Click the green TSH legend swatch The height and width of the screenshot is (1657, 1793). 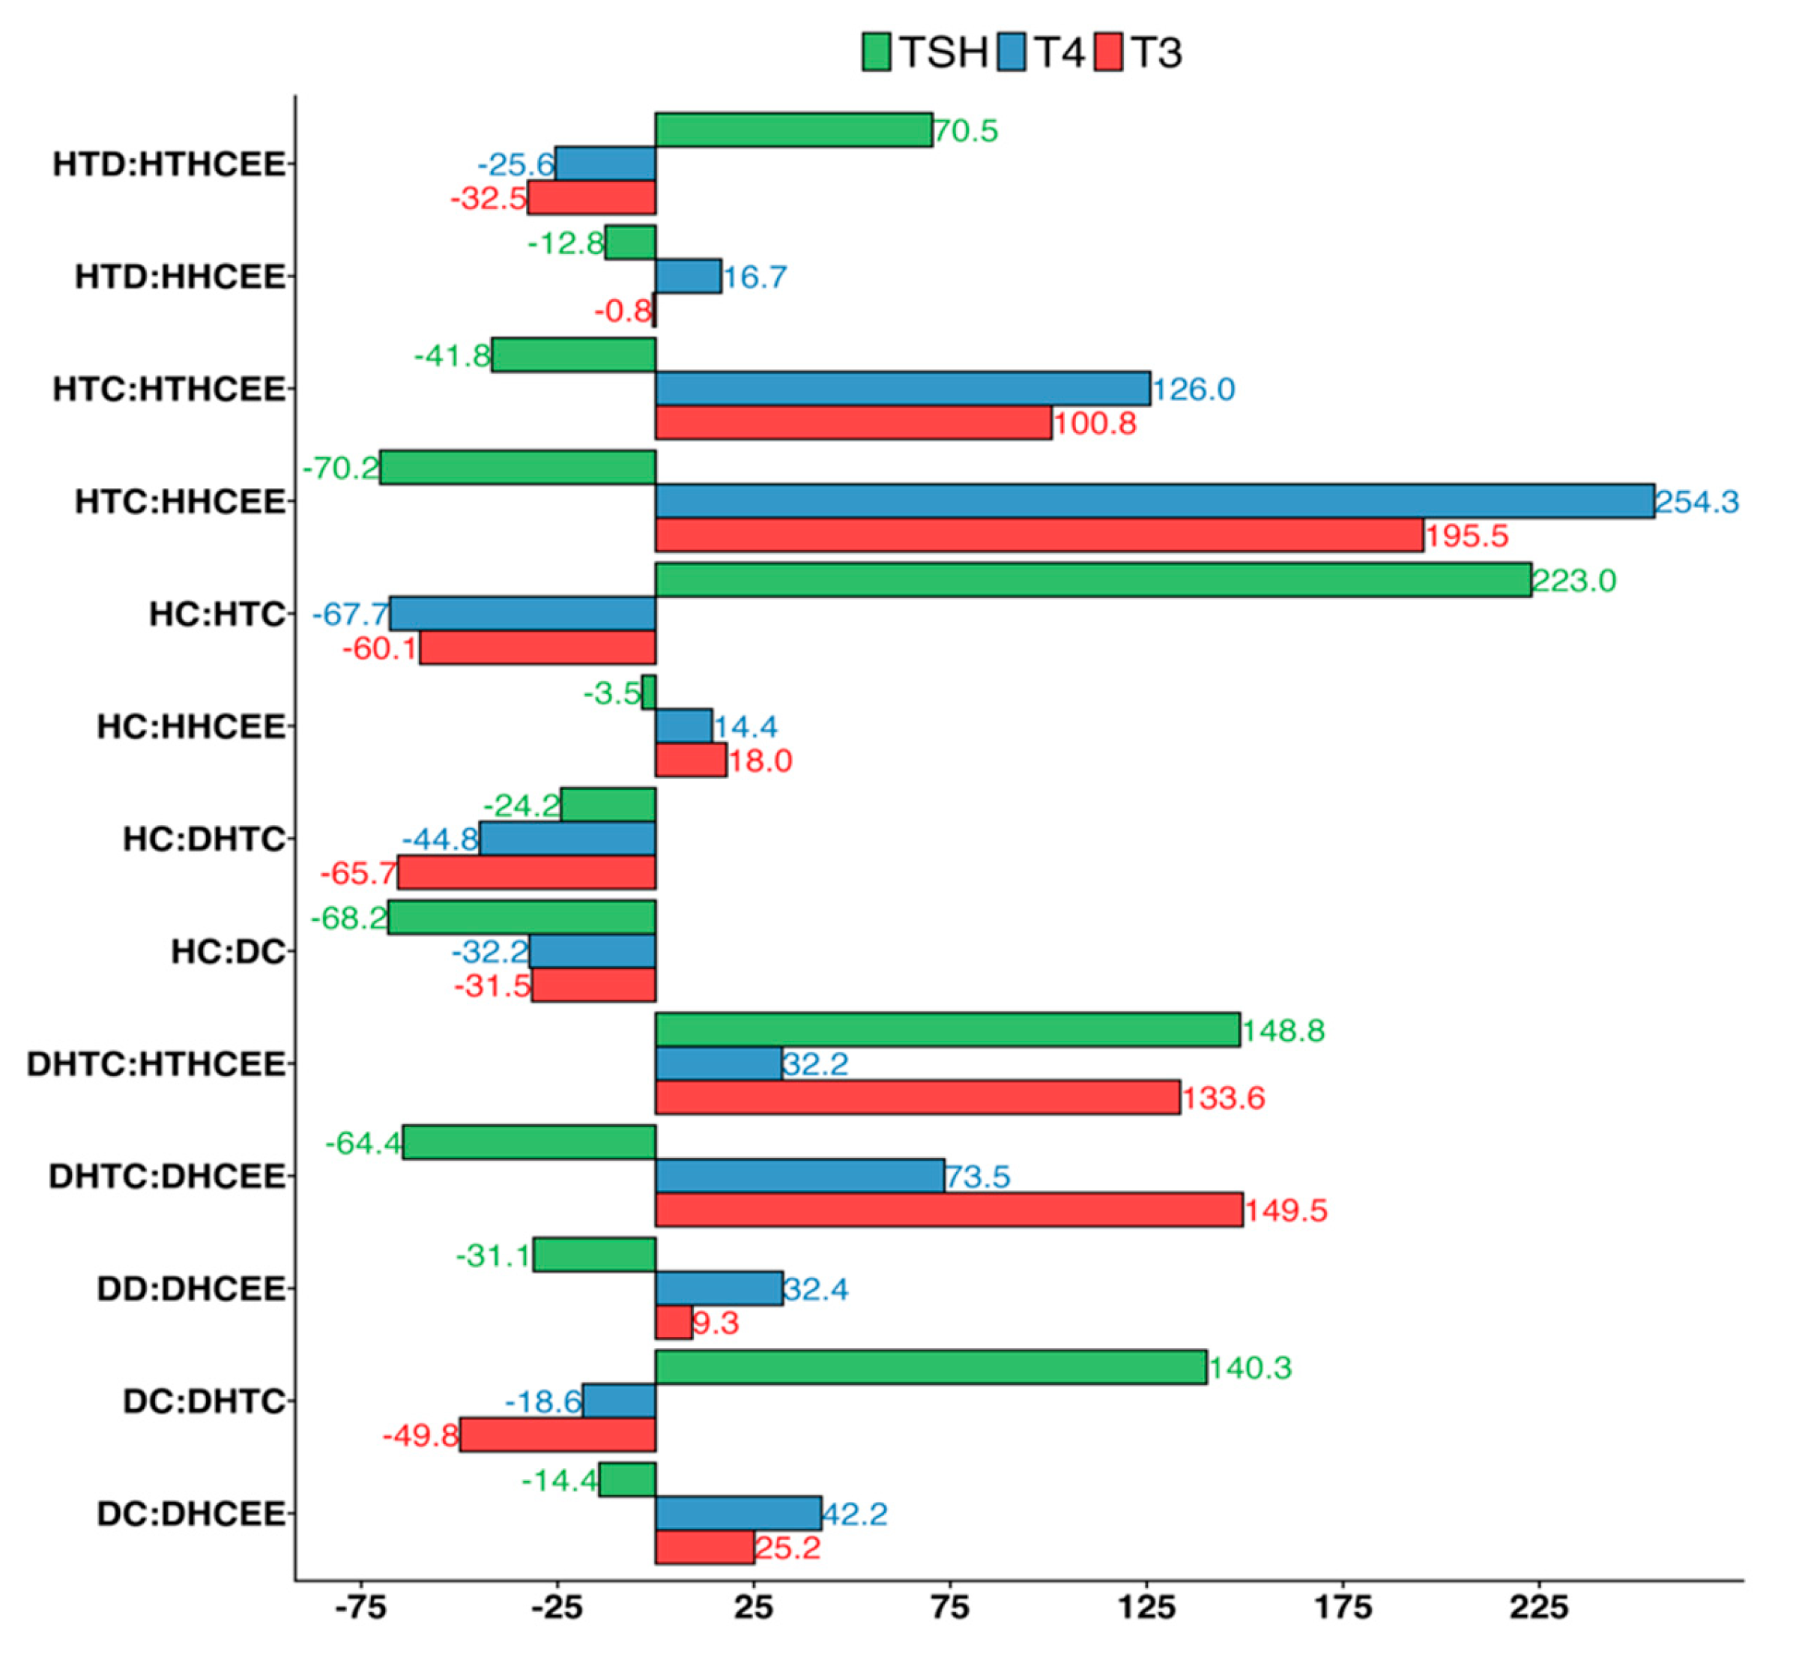pos(876,52)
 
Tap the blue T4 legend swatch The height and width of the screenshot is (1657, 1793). pos(1012,52)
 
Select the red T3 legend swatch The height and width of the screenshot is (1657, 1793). pos(1109,52)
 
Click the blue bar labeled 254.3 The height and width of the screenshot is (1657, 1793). pos(1154,501)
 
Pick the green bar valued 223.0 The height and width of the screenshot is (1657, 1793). pos(1093,580)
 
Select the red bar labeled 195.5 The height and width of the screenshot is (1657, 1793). pos(1039,535)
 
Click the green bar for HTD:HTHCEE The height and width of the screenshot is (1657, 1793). pos(793,130)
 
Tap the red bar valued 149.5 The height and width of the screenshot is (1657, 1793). pos(949,1210)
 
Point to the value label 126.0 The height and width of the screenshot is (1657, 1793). pos(1194,389)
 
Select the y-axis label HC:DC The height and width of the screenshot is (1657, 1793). pos(228,951)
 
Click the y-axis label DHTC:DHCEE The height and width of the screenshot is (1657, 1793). pos(167,1177)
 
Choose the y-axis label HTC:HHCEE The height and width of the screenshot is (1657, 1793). pos(179,501)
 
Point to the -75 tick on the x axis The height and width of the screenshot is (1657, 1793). pos(360,1608)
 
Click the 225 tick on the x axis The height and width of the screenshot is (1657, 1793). pos(1538,1608)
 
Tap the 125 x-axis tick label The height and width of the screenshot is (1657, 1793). pos(1146,1608)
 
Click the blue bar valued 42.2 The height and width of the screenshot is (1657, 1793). pos(738,1514)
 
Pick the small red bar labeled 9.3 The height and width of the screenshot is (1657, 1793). pos(674,1323)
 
